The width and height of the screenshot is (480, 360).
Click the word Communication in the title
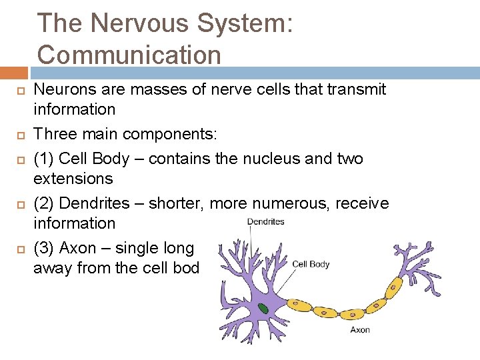tap(129, 54)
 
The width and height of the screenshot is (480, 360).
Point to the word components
tap(169, 134)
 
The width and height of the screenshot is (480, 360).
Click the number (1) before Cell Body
tap(45, 159)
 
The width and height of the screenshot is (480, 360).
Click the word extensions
tap(73, 179)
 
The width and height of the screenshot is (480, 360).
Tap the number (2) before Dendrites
tap(45, 203)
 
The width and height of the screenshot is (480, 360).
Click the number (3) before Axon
tap(45, 248)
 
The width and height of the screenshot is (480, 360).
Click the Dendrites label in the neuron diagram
tap(265, 222)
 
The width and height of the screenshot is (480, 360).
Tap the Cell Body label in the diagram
tap(311, 264)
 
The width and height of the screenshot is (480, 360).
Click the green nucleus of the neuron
tap(265, 309)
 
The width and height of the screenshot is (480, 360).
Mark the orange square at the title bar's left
tap(14, 73)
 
